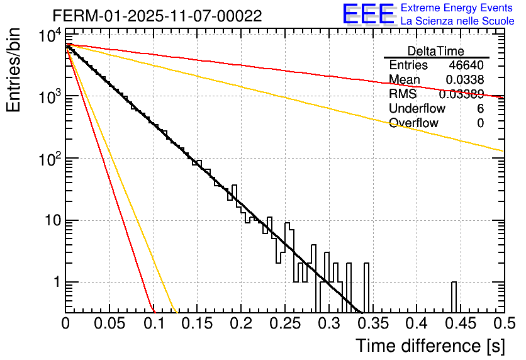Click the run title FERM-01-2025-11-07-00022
pos(157,16)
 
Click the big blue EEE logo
pos(368,14)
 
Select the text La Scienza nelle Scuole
pos(457,21)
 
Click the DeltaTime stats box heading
pos(435,51)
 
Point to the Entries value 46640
pos(466,65)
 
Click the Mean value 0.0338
pos(465,80)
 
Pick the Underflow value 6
pos(480,109)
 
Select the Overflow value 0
pos(480,123)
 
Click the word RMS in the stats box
pos(403,94)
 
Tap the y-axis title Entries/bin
pos(14,70)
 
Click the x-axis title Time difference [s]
pos(429,346)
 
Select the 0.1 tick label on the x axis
pos(153,323)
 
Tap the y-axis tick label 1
pos(55,283)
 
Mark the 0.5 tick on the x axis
pos(501,323)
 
